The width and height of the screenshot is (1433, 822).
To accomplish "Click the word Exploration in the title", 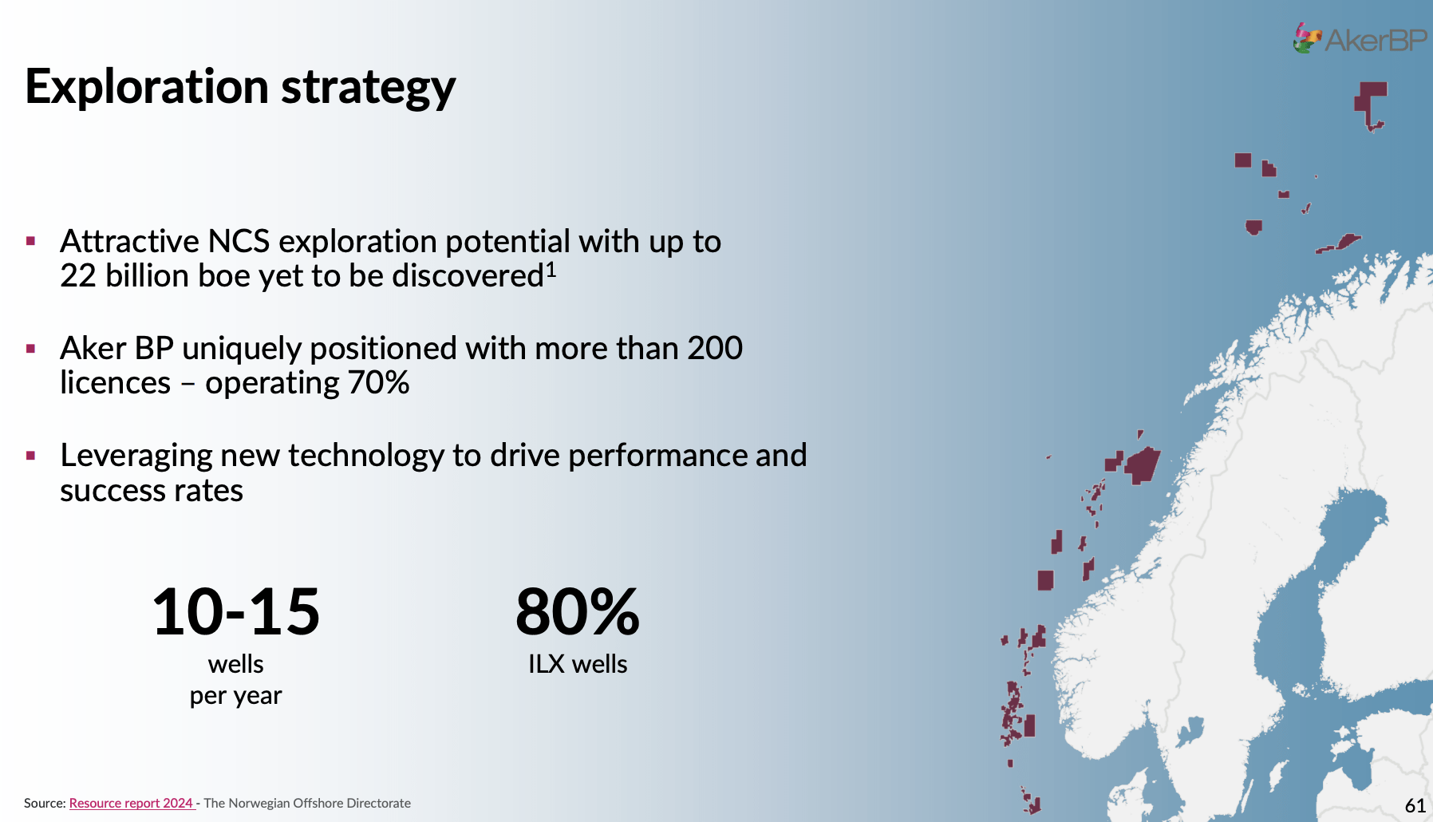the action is pos(147,86).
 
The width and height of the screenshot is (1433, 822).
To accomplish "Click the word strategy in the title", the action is pos(368,89).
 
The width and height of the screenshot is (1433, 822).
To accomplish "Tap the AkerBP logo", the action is pos(1360,38).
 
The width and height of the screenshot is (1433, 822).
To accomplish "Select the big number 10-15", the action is pos(236,612).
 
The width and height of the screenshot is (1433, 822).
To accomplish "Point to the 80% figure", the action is pos(578,612).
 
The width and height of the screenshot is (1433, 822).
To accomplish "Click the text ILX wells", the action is pos(578,664).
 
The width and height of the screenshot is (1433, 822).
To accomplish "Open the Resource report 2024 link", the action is pos(131,803).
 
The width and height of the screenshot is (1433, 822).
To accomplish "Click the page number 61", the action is pos(1415,805).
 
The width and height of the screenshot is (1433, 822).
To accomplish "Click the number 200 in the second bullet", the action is pos(715,349).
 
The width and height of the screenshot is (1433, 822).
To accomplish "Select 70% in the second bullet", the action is pos(378,383).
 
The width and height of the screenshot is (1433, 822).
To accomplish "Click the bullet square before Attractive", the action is pos(31,241).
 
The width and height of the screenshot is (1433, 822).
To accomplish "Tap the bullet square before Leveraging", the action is pos(31,456).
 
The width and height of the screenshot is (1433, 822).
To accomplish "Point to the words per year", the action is pos(236,697).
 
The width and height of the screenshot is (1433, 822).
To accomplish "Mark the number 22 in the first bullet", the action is pos(78,276).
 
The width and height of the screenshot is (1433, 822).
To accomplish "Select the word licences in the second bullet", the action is pos(116,383).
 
